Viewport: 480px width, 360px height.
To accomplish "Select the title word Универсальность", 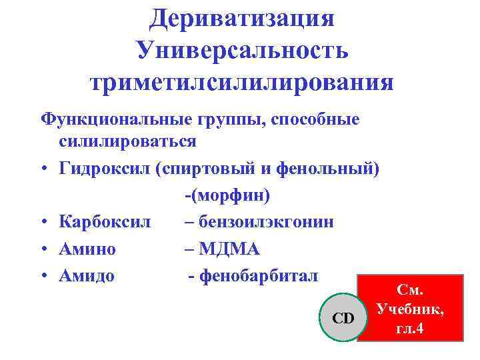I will pyautogui.click(x=241, y=50).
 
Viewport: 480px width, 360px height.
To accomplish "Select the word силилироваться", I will pyautogui.click(x=127, y=142).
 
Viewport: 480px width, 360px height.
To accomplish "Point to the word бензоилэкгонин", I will pyautogui.click(x=267, y=223).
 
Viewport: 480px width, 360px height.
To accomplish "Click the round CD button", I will pyautogui.click(x=343, y=318).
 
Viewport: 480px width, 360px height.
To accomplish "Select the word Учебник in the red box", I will pyautogui.click(x=409, y=309).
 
